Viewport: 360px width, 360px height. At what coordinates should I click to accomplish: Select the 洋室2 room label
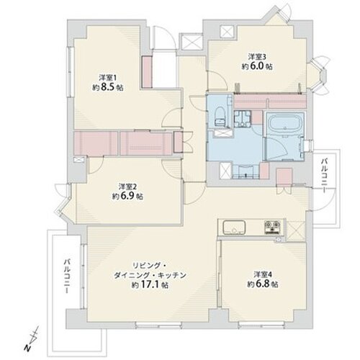(120, 185)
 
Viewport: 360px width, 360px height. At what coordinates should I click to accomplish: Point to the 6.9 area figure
(126, 195)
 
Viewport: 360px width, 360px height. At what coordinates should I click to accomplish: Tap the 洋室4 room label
(262, 273)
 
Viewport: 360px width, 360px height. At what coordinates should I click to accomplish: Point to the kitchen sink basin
(233, 229)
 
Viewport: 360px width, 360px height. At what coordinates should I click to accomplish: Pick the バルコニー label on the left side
(66, 276)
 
